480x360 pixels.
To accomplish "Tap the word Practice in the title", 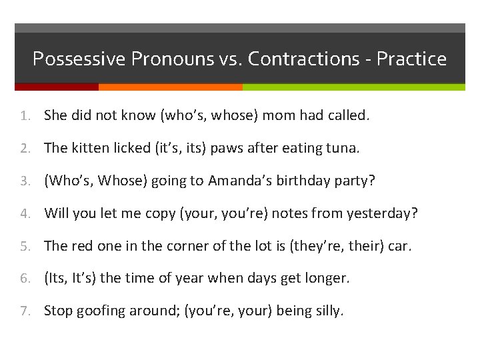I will tap(411, 59).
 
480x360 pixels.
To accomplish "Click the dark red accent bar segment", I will tap(57, 87).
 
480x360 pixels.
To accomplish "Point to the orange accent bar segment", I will tap(170, 87).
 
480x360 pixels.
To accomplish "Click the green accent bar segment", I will tap(353, 87).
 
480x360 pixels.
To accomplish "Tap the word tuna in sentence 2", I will tap(343, 148).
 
